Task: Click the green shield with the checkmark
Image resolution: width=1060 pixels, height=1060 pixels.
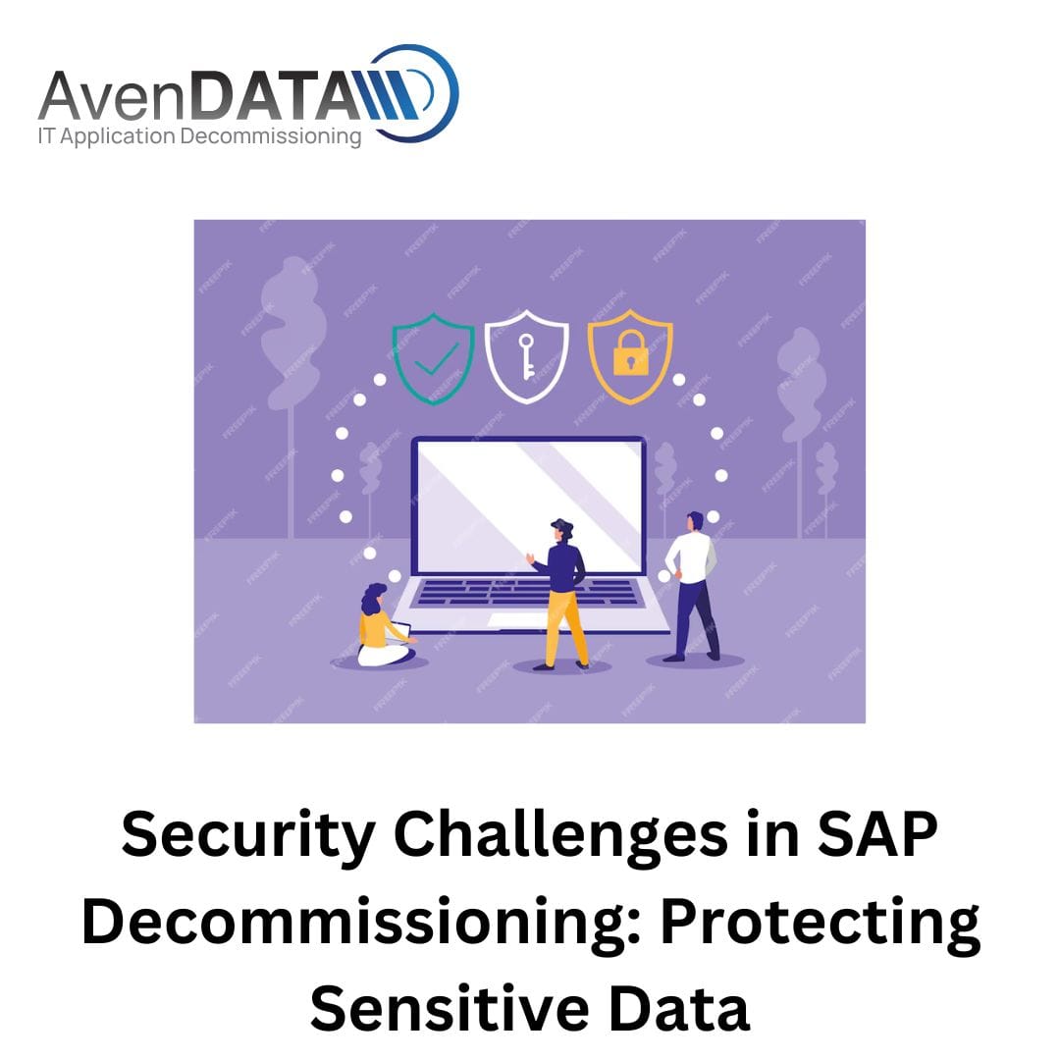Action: tap(434, 358)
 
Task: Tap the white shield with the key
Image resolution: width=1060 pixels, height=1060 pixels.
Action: tap(527, 356)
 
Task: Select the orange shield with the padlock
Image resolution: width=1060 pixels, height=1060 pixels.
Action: tap(630, 356)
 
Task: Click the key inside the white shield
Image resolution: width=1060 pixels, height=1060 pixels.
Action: tap(526, 356)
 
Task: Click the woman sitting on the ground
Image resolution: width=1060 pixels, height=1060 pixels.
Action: tap(384, 626)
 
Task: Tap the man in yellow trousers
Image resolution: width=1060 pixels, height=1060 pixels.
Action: tap(561, 595)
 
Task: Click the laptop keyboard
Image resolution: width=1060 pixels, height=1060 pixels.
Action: tap(527, 593)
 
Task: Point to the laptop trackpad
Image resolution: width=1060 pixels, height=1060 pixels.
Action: tap(517, 620)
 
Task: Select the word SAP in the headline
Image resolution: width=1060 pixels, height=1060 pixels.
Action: tap(877, 834)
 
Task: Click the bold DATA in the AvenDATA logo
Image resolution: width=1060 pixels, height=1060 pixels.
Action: tap(275, 96)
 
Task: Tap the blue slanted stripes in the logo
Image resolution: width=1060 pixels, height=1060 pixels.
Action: tap(388, 95)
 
